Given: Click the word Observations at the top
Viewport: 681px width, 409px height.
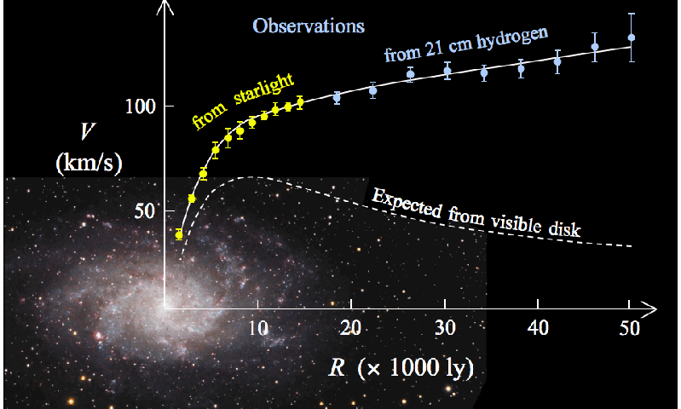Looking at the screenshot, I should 309,26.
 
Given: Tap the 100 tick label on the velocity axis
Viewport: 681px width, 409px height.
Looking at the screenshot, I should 140,107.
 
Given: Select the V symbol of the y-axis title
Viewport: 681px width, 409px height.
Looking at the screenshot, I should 87,131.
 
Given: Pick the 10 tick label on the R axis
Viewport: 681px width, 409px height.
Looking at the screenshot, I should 257,328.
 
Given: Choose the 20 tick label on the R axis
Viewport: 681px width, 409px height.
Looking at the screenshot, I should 350,328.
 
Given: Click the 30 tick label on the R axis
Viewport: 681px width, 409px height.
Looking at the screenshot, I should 443,328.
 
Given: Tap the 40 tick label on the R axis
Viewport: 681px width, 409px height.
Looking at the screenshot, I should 536,328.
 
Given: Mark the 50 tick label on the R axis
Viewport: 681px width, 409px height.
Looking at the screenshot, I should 629,328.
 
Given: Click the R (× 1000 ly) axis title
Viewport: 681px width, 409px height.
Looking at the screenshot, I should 401,368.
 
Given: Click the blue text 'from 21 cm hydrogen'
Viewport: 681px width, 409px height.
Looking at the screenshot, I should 465,44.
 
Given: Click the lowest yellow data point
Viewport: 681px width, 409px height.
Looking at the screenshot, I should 179,234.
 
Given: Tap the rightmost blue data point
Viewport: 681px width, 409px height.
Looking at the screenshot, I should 631,37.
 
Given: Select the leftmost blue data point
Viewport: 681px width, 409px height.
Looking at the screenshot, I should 337,97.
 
